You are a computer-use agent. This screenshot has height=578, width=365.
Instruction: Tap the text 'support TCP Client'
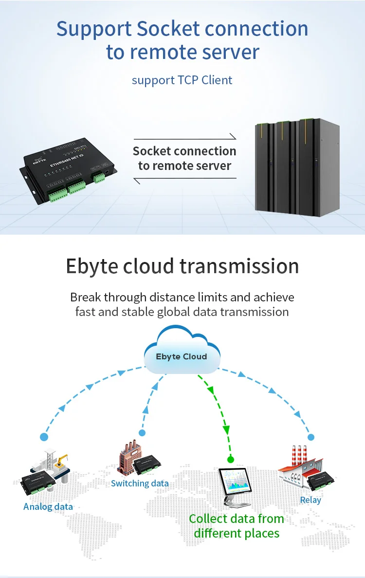[x=182, y=79]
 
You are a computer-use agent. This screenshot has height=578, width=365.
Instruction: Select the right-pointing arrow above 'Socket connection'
[x=185, y=138]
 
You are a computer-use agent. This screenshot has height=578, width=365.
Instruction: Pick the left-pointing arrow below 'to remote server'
[x=185, y=180]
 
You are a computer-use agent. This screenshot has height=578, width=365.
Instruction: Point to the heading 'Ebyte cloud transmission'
[x=182, y=266]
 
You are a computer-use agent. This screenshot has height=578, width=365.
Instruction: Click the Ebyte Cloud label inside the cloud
[x=181, y=356]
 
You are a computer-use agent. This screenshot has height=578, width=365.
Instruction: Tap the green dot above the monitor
[x=231, y=459]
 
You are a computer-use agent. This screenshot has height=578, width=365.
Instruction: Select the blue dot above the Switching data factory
[x=142, y=432]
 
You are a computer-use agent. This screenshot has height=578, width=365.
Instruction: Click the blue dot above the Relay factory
[x=311, y=437]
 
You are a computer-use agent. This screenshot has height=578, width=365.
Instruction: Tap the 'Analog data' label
[x=48, y=506]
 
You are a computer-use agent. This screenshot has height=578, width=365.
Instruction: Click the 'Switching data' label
[x=140, y=483]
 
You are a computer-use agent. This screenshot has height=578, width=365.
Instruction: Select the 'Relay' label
[x=310, y=500]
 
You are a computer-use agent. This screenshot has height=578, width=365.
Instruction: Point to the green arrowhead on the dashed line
[x=226, y=429]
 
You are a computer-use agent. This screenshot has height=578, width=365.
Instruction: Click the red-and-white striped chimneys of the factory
[x=299, y=456]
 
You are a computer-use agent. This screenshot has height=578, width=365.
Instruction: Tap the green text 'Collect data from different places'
[x=237, y=526]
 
